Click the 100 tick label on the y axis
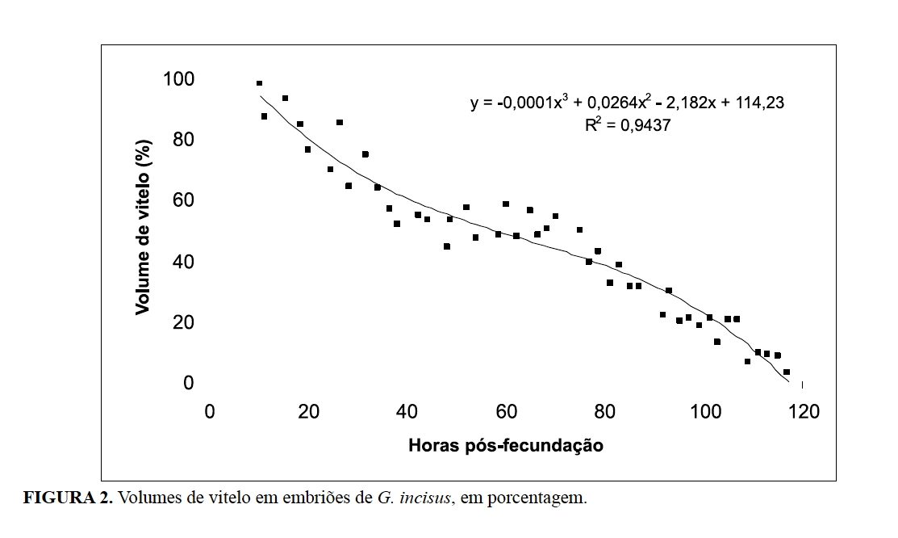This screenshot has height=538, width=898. (179, 79)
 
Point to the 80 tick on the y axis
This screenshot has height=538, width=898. (184, 141)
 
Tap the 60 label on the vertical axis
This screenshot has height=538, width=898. (184, 201)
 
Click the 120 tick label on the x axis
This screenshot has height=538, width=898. (804, 411)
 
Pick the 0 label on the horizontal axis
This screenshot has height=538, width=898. (210, 411)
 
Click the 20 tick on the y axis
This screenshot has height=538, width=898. (184, 322)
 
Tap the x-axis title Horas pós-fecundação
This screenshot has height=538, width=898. (506, 445)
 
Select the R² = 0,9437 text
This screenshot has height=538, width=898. (629, 125)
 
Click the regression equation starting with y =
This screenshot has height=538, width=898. (627, 103)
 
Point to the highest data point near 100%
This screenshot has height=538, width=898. (259, 83)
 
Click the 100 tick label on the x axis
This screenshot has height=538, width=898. (705, 411)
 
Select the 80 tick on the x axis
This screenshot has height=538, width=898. (605, 411)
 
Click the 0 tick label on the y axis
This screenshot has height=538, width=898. (189, 383)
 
